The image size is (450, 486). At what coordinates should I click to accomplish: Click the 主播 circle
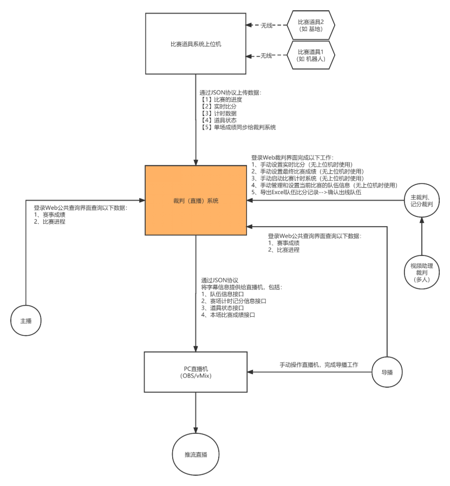tap(26, 321)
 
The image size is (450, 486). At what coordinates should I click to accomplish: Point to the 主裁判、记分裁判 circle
tap(421, 199)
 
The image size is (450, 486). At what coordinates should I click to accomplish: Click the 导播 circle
tap(387, 372)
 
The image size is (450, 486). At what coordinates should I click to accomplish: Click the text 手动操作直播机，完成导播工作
tap(318, 364)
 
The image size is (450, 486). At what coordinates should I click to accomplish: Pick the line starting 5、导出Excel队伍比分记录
tap(306, 193)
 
